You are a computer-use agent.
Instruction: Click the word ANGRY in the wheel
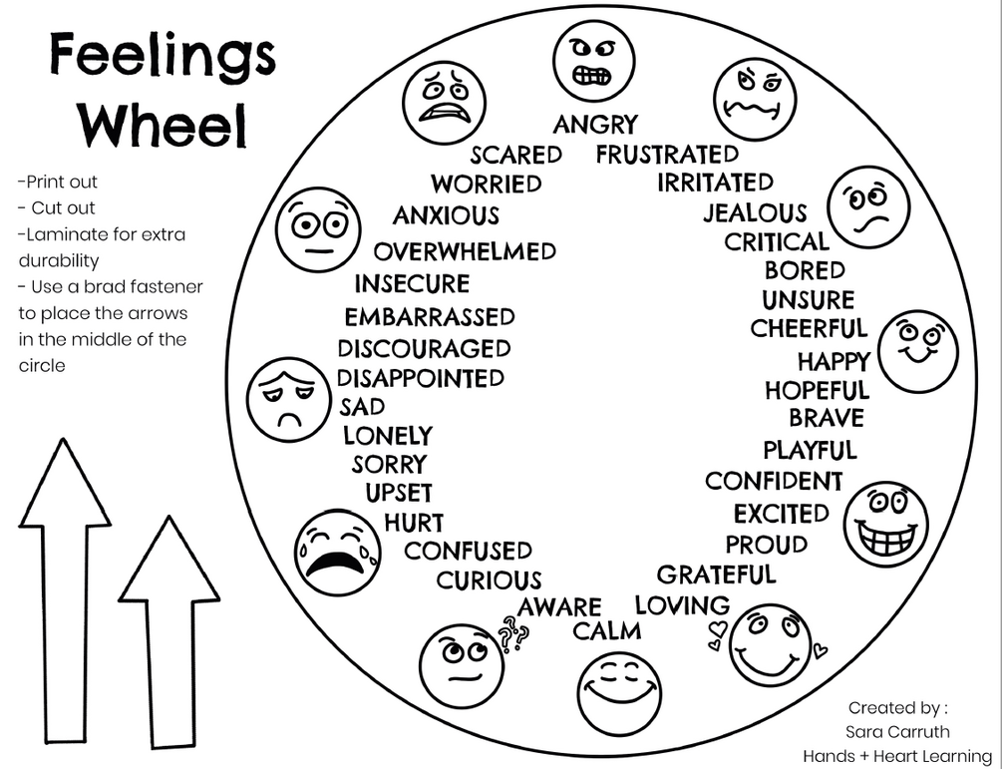[x=595, y=125]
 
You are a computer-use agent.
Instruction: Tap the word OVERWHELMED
[x=465, y=251]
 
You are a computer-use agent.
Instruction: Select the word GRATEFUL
[x=716, y=575]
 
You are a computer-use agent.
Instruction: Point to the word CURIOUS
[x=489, y=579]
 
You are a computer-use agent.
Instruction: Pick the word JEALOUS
[x=755, y=212]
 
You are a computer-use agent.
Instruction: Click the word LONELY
[x=388, y=436]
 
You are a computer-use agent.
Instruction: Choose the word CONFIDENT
[x=774, y=481]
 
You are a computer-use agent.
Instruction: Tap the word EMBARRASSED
[x=430, y=317]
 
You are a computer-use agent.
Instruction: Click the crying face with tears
[x=336, y=553]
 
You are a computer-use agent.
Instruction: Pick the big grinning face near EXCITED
[x=885, y=523]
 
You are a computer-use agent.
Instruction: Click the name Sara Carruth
[x=896, y=732]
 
